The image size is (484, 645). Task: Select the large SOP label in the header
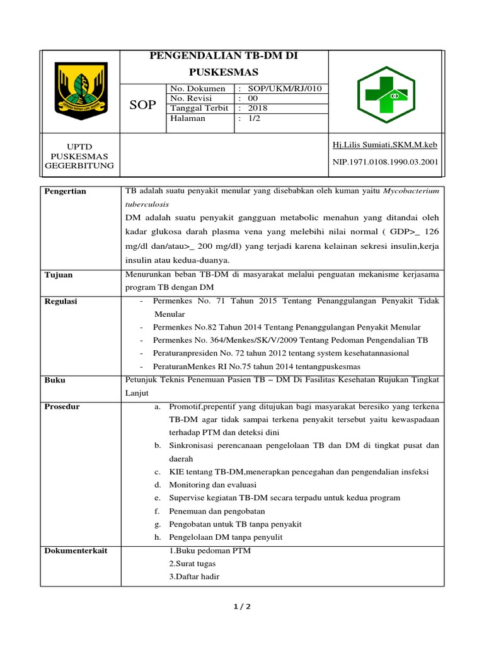pyautogui.click(x=142, y=105)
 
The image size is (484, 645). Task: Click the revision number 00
pyautogui.click(x=253, y=98)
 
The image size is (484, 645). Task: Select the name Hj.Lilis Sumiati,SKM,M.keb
pyautogui.click(x=384, y=145)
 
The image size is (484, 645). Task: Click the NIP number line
pyautogui.click(x=384, y=162)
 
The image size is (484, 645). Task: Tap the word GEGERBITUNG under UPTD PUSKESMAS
pyautogui.click(x=79, y=166)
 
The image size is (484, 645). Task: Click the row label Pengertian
pyautogui.click(x=66, y=191)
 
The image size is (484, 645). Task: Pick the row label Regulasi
pyautogui.click(x=60, y=301)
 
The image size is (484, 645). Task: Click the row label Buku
pyautogui.click(x=55, y=380)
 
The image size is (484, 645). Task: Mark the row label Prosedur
pyautogui.click(x=62, y=406)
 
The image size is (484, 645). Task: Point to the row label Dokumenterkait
pyautogui.click(x=76, y=551)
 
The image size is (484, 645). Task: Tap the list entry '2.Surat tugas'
pyautogui.click(x=191, y=563)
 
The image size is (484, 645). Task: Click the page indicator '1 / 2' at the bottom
pyautogui.click(x=241, y=607)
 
